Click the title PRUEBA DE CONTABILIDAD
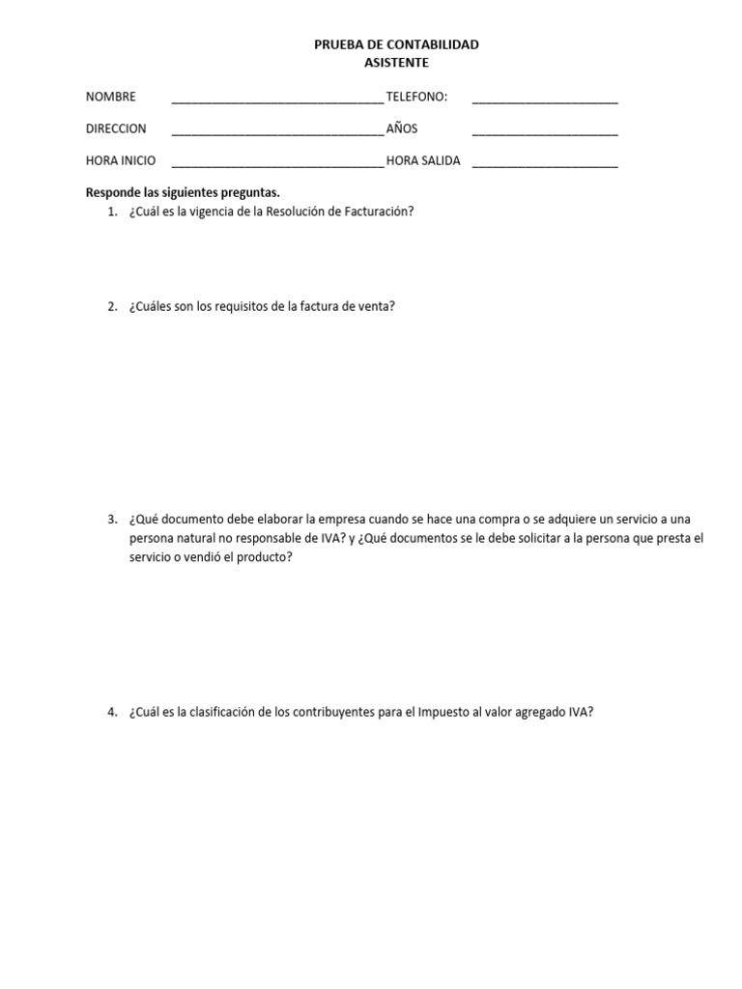[396, 44]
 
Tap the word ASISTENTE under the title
[396, 63]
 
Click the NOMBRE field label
[110, 97]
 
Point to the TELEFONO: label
[416, 97]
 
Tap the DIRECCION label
[116, 128]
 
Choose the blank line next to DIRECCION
[277, 131]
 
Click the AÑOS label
[402, 128]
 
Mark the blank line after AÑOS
[545, 131]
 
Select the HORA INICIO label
[120, 161]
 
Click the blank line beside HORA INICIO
[277, 163]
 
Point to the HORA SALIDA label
[423, 161]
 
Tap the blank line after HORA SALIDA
[545, 163]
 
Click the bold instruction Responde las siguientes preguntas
[183, 192]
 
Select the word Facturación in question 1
[371, 212]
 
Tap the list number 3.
[112, 520]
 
